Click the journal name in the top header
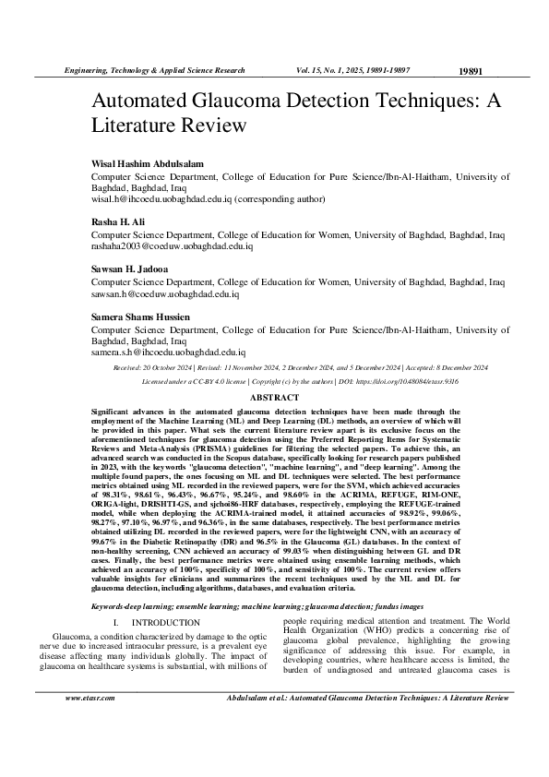pyautogui.click(x=152, y=70)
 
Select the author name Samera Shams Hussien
pyautogui.click(x=140, y=317)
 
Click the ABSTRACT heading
pyautogui.click(x=275, y=396)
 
